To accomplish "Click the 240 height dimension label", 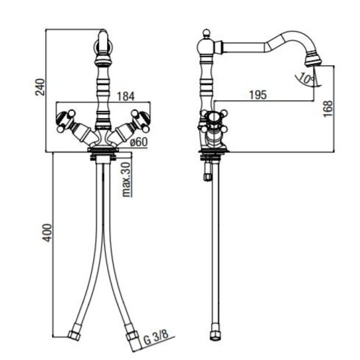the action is pos(40,87).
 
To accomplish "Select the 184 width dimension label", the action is pos(126,96).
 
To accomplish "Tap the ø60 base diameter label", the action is pos(139,142).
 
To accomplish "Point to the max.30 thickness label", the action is pos(126,180).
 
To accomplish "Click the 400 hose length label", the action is pos(48,233).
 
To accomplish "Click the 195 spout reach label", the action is pos(258,95).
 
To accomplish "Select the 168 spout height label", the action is pos(328,109).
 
